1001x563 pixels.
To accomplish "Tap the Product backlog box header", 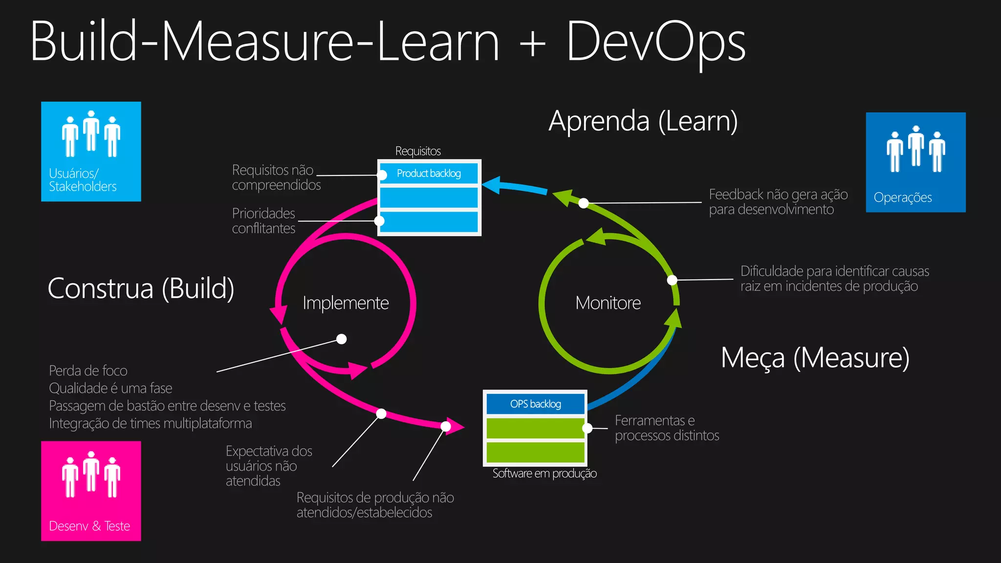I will [x=429, y=173].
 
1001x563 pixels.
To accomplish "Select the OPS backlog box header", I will [x=535, y=404].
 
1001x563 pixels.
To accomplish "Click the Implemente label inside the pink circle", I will [x=346, y=303].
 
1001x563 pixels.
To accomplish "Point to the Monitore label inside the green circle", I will [x=608, y=303].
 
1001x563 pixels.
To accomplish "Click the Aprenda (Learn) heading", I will [x=643, y=121].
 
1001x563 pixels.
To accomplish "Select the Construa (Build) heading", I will [x=141, y=288].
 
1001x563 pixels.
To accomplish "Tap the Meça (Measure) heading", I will [x=815, y=358].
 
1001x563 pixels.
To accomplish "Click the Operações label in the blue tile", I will [x=902, y=197].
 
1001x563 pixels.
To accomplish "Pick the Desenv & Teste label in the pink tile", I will [x=89, y=526].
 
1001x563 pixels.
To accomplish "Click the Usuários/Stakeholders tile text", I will [x=82, y=180].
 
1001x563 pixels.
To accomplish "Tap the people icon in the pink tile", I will [x=91, y=475].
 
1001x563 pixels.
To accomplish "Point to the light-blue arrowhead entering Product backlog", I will [x=492, y=185].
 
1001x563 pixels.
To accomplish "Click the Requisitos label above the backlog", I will [x=418, y=151].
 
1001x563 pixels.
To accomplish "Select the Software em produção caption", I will [x=544, y=473].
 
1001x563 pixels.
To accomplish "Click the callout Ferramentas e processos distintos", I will [x=666, y=428].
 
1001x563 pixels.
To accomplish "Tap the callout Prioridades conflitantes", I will [x=263, y=220].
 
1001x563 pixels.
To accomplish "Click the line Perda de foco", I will [x=88, y=370].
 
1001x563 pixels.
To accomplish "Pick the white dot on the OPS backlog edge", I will [x=588, y=428].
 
